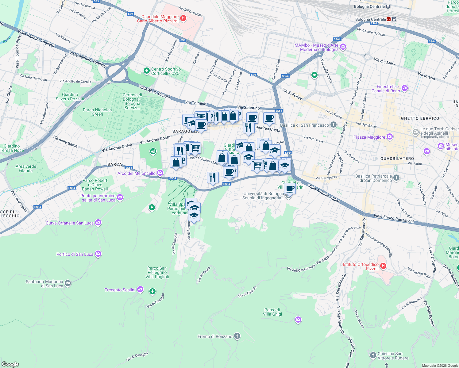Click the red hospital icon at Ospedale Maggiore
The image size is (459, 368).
(183, 18)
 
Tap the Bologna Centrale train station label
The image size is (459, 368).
(369, 6)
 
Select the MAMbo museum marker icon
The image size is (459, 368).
(343, 47)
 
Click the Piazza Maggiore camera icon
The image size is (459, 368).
(389, 137)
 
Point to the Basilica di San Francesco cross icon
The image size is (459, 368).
(334, 125)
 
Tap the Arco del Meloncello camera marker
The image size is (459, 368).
(160, 173)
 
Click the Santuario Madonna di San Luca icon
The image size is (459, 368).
(68, 283)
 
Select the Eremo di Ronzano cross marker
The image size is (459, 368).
(237, 336)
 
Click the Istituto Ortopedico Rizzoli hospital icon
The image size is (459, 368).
(383, 266)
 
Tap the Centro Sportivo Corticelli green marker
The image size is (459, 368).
(147, 71)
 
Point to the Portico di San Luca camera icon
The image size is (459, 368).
(98, 254)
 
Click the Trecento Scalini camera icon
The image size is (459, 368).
(140, 289)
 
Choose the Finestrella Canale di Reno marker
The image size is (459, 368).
(405, 88)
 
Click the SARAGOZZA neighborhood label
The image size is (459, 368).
(185, 131)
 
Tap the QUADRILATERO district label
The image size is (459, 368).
(397, 159)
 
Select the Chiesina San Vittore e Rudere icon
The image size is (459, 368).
(373, 355)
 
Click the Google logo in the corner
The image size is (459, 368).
(10, 364)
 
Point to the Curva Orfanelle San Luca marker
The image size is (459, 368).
(98, 223)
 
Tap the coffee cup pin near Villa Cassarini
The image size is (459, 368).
(290, 189)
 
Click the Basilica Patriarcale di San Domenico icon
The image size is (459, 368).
(396, 178)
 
